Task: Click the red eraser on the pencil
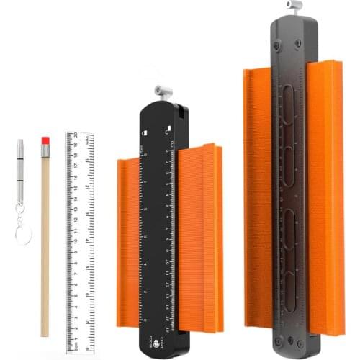[45, 139]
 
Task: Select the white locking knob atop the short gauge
[162, 91]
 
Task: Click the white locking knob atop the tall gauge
[293, 6]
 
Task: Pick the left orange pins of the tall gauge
[257, 194]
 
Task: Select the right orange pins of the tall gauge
[325, 194]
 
